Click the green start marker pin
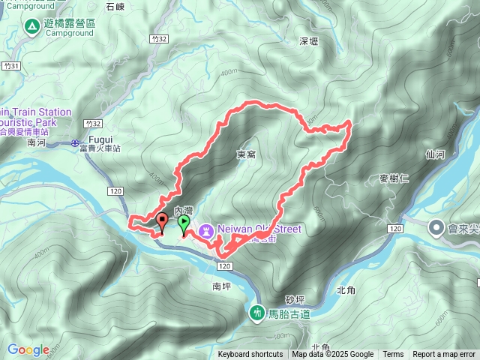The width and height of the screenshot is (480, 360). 183,223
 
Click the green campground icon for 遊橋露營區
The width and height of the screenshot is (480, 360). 32,26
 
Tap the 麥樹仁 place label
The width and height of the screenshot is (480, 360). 394,178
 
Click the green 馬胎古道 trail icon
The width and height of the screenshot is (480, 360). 258,312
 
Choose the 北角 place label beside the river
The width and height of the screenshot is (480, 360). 345,289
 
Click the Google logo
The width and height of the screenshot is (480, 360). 28,349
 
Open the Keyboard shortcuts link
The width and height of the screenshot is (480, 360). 250,355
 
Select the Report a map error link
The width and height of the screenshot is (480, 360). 444,355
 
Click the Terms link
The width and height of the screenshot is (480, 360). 393,355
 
